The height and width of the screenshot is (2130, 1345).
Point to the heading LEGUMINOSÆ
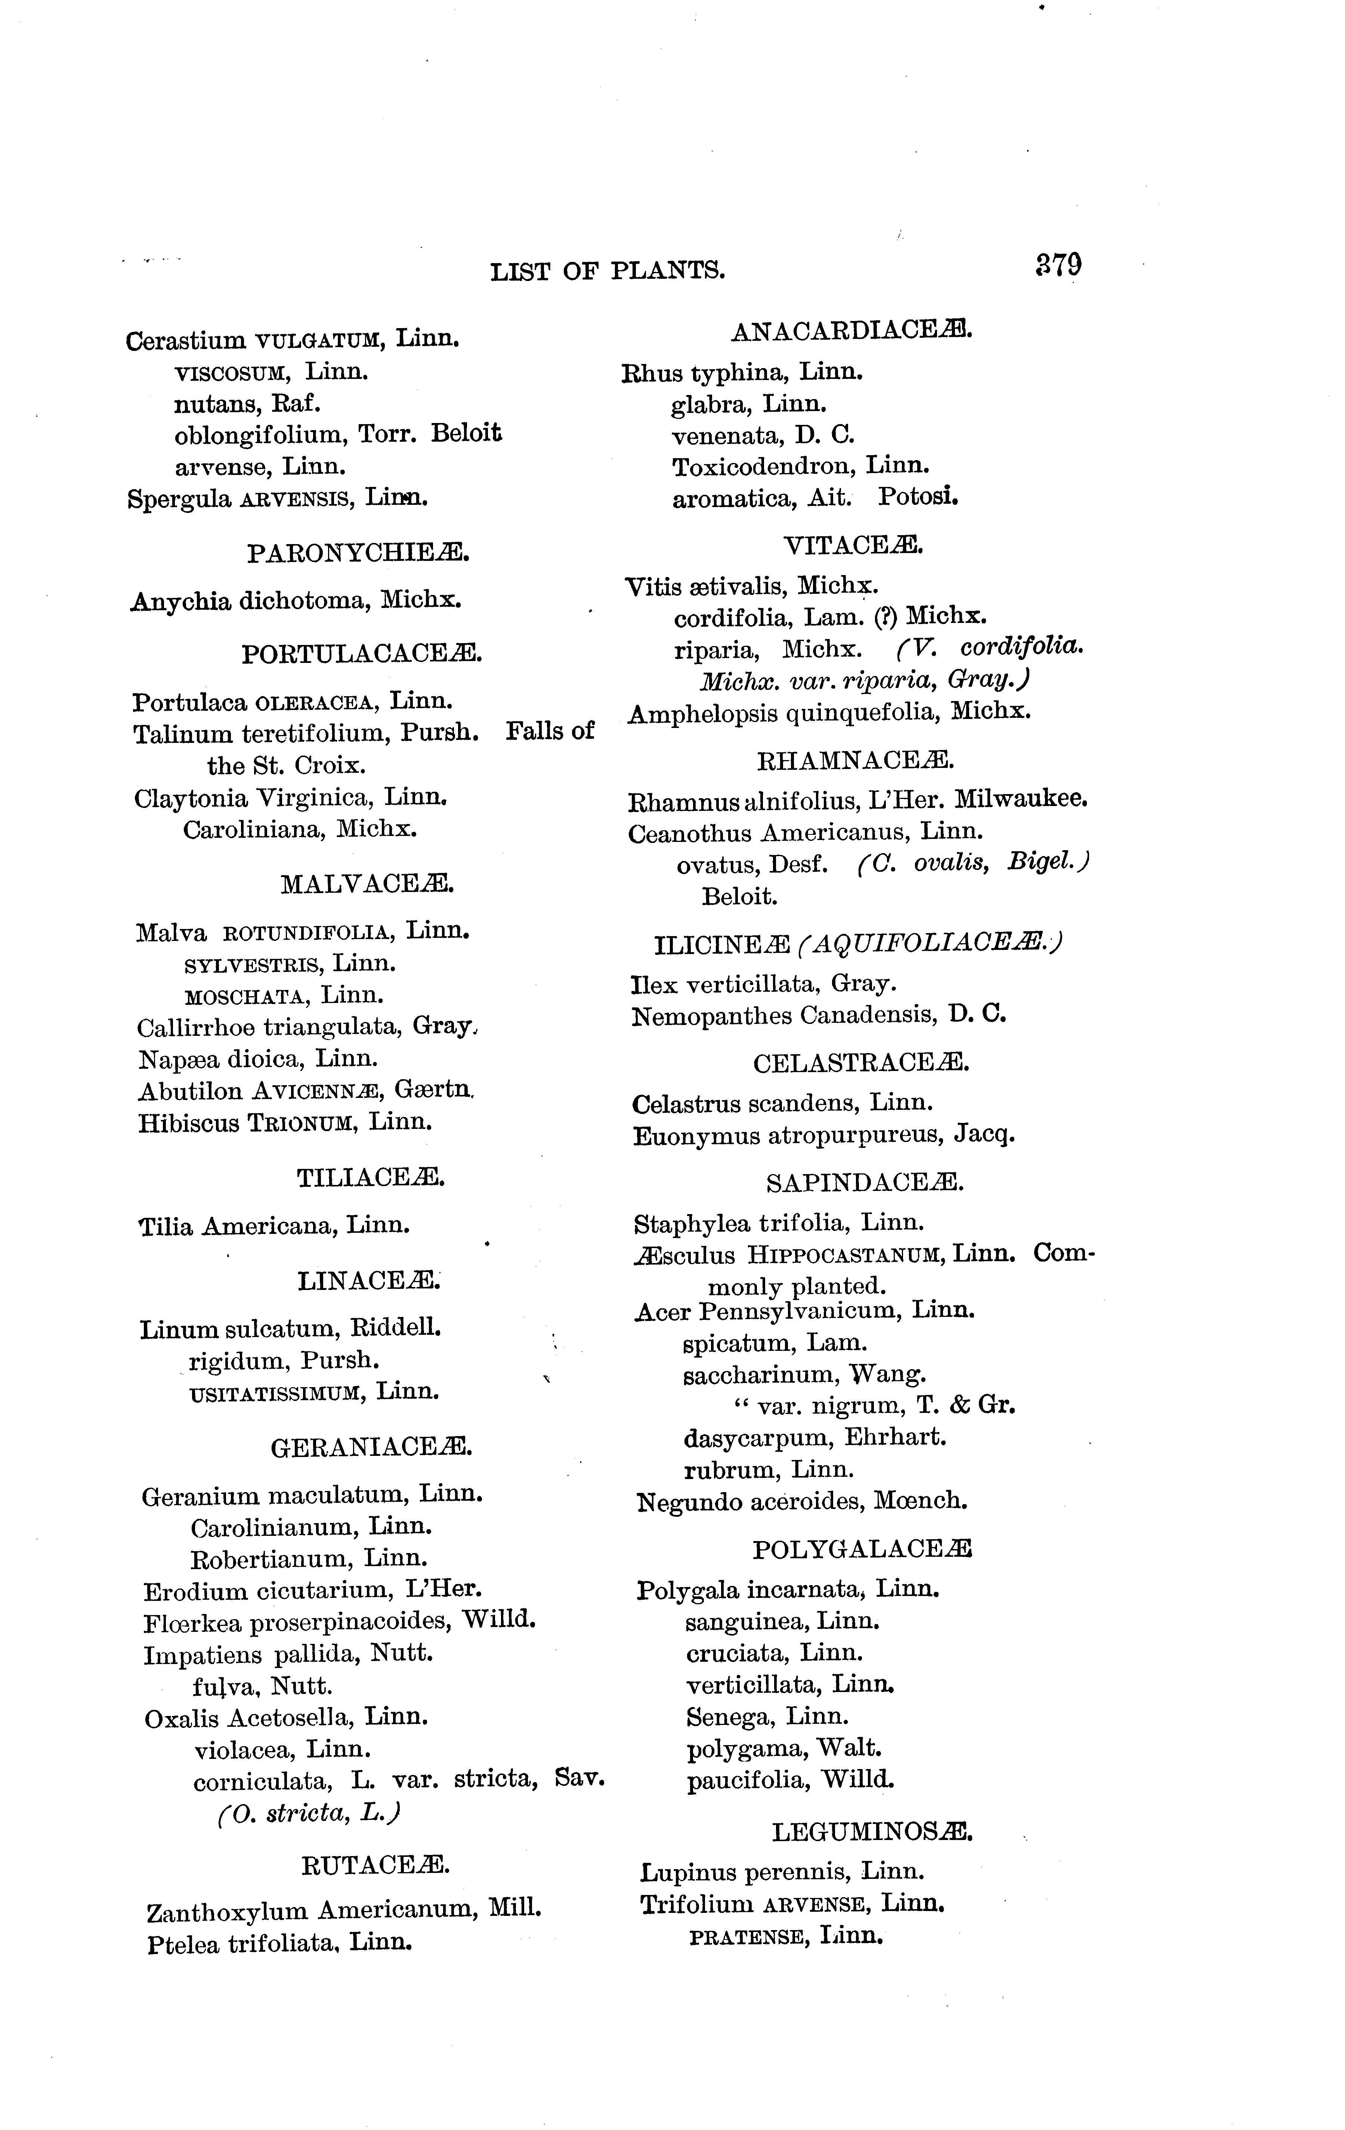tap(872, 1832)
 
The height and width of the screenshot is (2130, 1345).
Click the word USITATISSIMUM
tap(276, 1393)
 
